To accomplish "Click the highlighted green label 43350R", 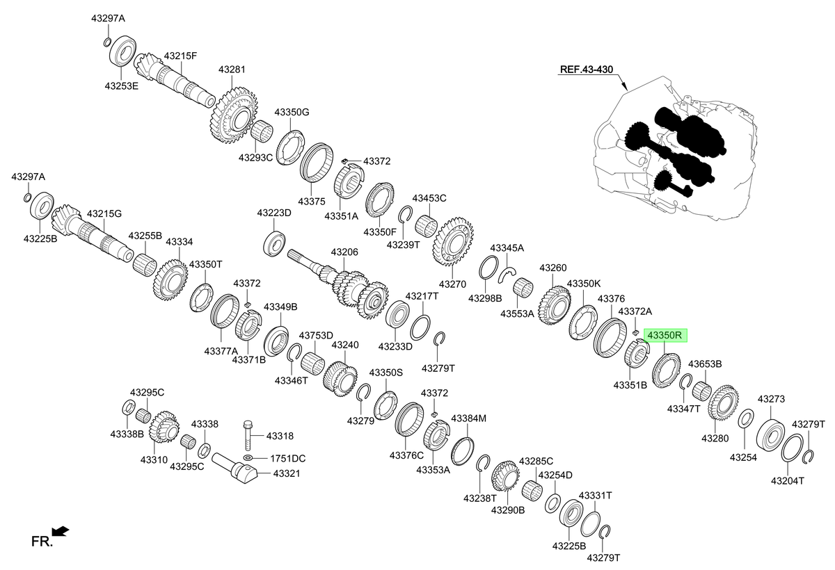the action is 665,336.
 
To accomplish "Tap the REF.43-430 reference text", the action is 587,70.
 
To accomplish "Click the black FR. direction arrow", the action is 61,531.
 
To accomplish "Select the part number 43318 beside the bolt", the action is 280,436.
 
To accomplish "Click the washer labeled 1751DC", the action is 248,457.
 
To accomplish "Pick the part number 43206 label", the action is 344,252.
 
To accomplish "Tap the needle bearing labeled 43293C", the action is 262,131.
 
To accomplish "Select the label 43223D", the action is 274,213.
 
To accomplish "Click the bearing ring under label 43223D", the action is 274,243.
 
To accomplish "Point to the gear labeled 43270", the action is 453,242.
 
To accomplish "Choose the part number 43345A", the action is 507,248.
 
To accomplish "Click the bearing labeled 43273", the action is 770,435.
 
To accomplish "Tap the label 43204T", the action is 788,480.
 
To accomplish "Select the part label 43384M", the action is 468,418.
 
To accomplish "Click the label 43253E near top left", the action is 122,86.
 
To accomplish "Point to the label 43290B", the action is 508,510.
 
